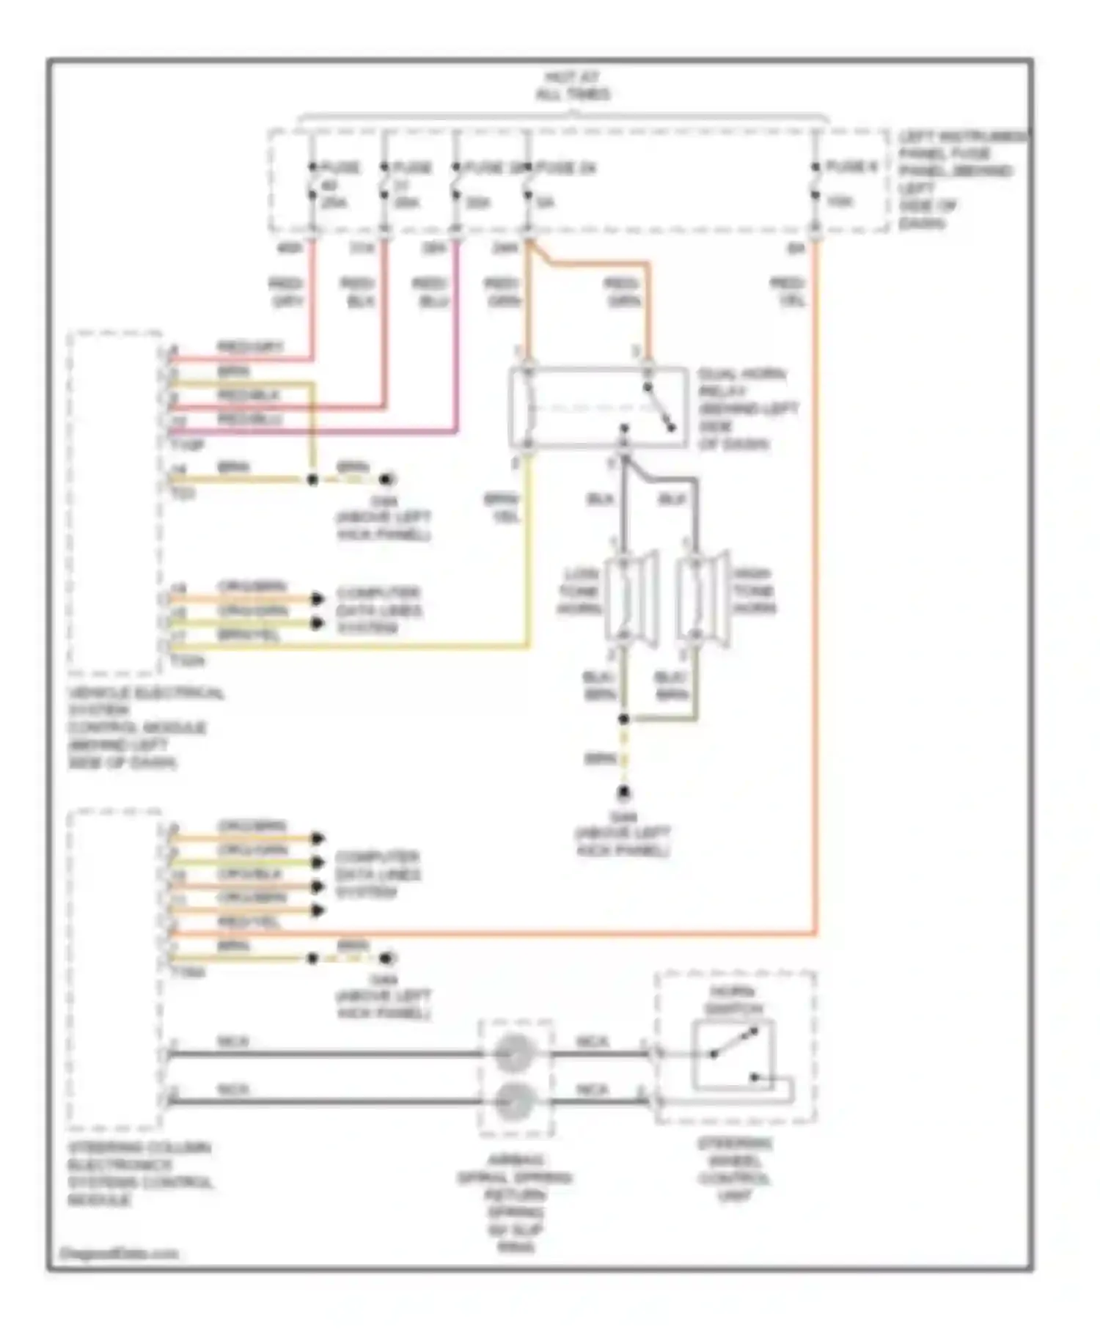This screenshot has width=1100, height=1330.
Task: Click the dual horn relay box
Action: (598, 408)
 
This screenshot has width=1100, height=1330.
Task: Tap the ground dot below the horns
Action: (625, 793)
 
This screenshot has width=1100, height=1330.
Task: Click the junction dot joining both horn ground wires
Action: (624, 719)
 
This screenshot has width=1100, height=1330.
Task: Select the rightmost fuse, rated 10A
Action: (816, 183)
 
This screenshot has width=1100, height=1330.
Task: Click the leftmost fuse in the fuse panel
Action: (313, 183)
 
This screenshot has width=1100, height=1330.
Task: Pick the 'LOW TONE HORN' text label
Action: (580, 590)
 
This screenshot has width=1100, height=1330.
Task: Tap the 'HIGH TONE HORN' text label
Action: (753, 590)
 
